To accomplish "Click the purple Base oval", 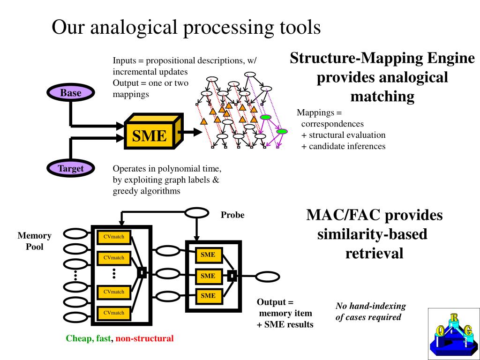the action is coord(71,92).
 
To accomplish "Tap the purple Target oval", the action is coord(71,168).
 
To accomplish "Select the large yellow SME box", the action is coord(153,131).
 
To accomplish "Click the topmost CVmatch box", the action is coord(114,237).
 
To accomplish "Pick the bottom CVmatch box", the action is coord(114,313).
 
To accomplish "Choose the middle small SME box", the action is coord(209,276).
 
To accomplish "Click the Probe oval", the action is coord(196,213).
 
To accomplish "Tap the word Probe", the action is coord(232,215).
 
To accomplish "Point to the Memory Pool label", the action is coord(34,241).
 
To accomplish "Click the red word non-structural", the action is coord(144,338).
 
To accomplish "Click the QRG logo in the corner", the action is coord(454,334).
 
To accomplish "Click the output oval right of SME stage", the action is coord(267,277).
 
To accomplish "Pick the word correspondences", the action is coord(332,124).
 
